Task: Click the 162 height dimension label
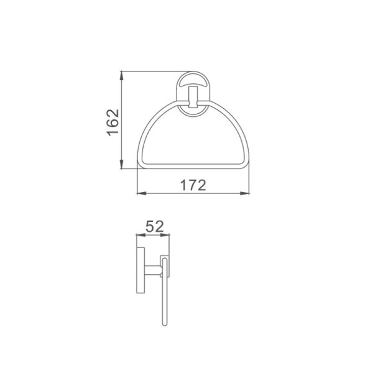[113, 122]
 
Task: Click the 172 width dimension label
[193, 185]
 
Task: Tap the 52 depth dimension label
[155, 226]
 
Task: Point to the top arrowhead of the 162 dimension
[122, 76]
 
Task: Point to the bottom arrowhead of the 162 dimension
[122, 163]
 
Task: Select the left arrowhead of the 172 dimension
[142, 193]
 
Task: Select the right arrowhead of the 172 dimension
[244, 193]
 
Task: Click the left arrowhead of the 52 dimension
[140, 235]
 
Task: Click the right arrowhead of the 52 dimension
[165, 235]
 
